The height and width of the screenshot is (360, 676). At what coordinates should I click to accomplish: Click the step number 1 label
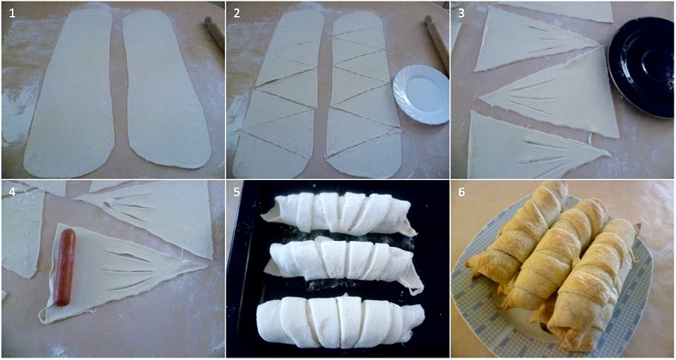(12, 14)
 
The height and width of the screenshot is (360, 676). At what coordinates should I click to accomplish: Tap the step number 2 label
(237, 14)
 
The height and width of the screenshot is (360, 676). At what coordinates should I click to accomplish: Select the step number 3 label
(461, 14)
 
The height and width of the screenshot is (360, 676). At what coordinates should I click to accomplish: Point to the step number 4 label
(12, 192)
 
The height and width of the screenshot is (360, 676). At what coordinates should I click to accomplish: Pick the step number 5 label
(237, 192)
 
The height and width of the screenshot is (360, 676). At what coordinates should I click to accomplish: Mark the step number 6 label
(461, 192)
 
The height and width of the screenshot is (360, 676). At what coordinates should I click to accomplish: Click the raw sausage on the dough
(65, 267)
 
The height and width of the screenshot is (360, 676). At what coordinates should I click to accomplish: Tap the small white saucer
(421, 94)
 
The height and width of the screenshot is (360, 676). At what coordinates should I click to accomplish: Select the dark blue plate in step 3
(641, 67)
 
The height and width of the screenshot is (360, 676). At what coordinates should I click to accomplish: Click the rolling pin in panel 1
(215, 34)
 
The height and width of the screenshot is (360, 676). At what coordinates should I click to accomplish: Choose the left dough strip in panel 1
(69, 93)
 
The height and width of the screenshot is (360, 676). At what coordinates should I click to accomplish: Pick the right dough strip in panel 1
(166, 89)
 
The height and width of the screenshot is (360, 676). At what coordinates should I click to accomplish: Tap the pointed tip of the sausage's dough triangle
(207, 265)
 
